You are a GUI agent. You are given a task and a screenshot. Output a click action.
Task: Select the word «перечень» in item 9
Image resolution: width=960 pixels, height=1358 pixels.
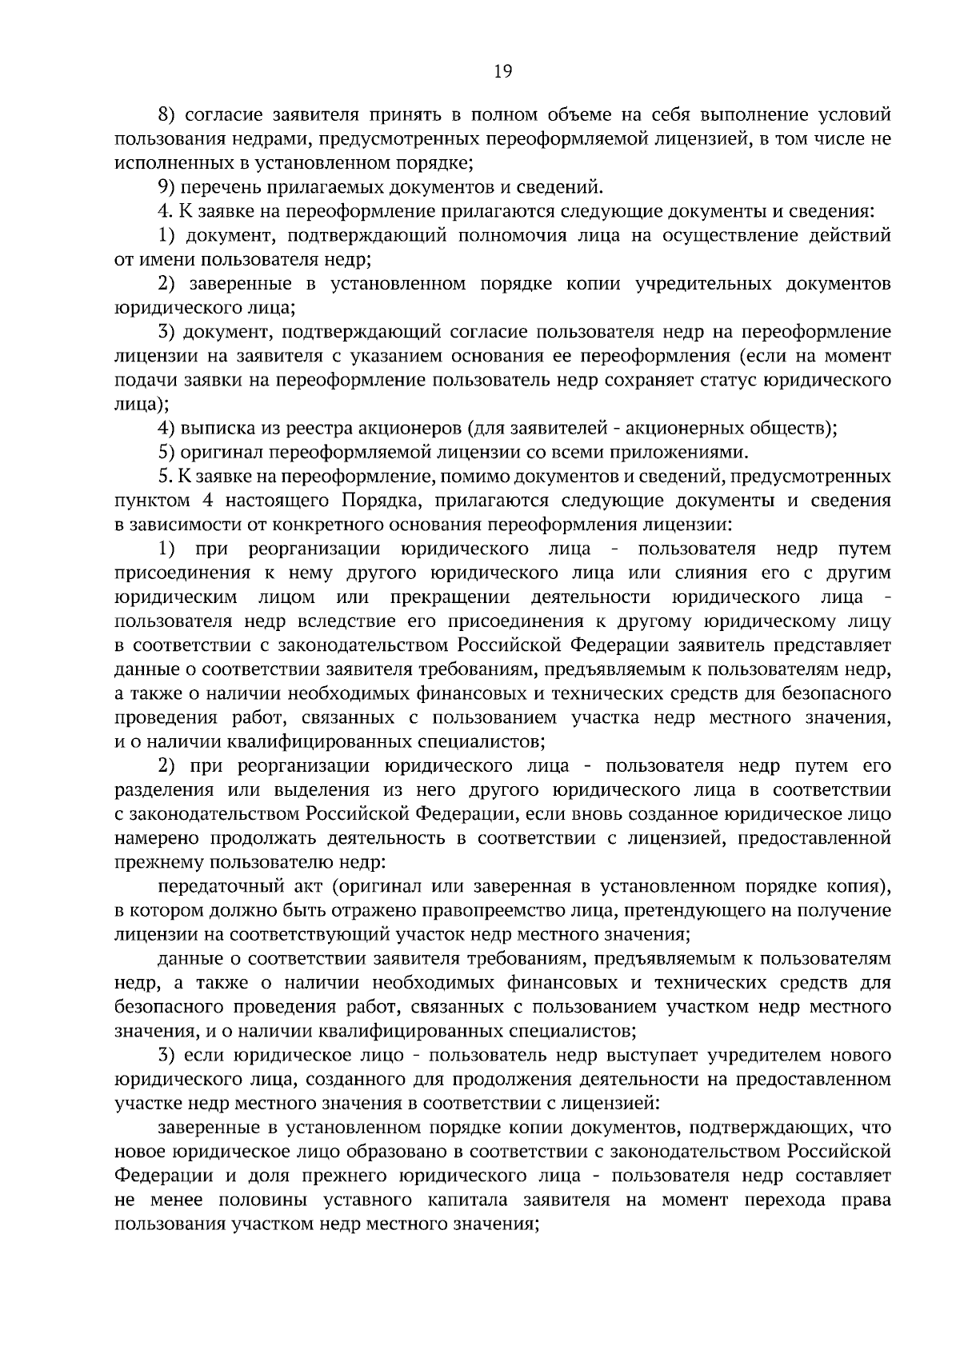(215, 188)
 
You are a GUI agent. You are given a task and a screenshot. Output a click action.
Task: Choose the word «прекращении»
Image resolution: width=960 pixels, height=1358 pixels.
(450, 597)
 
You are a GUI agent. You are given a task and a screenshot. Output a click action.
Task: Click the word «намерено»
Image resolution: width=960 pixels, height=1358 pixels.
(158, 838)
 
